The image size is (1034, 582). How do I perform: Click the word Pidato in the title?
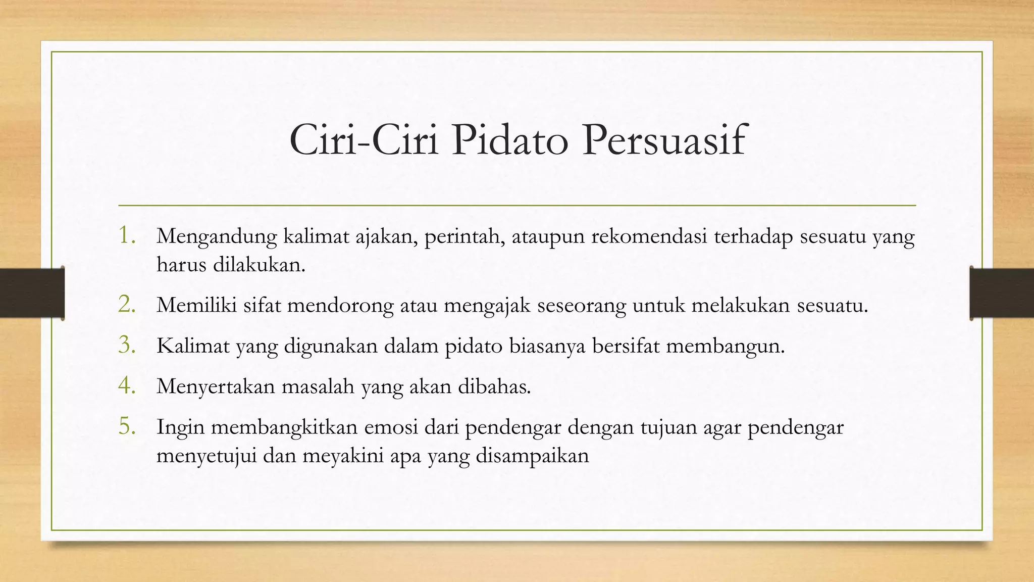coord(510,140)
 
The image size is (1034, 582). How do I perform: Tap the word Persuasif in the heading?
coord(663,140)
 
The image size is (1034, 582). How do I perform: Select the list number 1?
coord(127,235)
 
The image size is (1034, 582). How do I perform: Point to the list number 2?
coord(127,305)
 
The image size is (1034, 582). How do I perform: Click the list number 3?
coord(127,345)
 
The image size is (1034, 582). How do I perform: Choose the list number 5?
coord(127,426)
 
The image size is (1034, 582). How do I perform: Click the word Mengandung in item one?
coord(217,236)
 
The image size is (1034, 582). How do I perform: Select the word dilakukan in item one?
coord(259,264)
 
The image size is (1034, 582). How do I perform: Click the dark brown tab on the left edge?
coord(32,293)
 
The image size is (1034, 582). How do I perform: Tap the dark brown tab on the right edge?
coord(1002,293)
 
